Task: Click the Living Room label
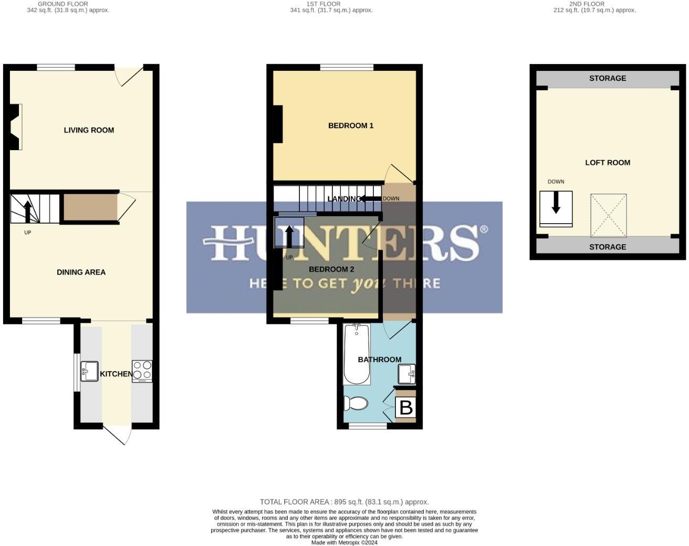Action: click(89, 130)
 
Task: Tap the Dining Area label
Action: click(81, 272)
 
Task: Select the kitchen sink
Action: click(89, 371)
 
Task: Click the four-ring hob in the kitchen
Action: click(142, 370)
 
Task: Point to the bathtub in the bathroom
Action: click(357, 354)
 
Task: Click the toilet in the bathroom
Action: click(356, 403)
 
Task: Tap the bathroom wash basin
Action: click(406, 374)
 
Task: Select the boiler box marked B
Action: click(405, 407)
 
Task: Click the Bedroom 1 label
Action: click(350, 125)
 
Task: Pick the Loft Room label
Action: click(608, 163)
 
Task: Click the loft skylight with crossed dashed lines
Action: click(609, 215)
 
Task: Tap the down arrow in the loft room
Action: click(556, 203)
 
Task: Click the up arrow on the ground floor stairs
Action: click(28, 211)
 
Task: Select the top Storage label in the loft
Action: click(608, 78)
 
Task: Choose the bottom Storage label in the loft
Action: click(608, 247)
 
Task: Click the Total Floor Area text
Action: click(344, 502)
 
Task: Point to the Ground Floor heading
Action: click(63, 4)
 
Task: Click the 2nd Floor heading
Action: click(587, 4)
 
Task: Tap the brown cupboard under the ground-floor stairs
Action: click(90, 207)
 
